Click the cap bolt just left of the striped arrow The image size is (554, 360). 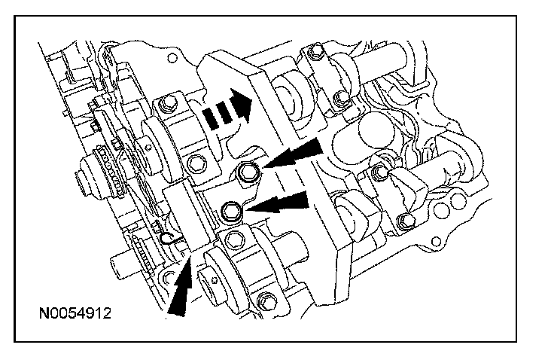click(x=166, y=102)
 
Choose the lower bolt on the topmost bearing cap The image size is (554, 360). click(x=341, y=97)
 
